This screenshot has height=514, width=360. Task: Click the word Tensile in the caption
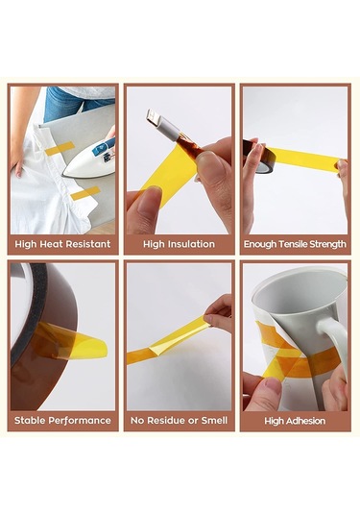pyautogui.click(x=293, y=244)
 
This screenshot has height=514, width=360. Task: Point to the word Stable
pyautogui.click(x=31, y=420)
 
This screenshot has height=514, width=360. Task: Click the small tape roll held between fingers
pyautogui.click(x=259, y=157)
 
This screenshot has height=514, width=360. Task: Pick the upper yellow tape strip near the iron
pyautogui.click(x=60, y=148)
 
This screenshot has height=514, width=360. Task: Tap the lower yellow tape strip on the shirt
pyautogui.click(x=84, y=193)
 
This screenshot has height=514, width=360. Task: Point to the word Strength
pyautogui.click(x=327, y=244)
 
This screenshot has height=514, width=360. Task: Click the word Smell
pyautogui.click(x=214, y=420)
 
